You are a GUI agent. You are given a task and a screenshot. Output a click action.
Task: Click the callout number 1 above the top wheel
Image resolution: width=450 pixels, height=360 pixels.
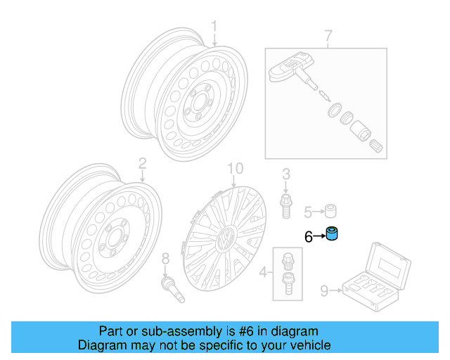[216, 27]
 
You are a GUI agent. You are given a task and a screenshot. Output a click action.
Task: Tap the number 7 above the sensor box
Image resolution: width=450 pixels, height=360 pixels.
[328, 35]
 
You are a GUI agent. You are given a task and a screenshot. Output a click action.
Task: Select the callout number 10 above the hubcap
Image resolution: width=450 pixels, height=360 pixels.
[235, 168]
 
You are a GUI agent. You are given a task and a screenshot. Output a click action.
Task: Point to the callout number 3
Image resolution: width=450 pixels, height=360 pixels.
[286, 174]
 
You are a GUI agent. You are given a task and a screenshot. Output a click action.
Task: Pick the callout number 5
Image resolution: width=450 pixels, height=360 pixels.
[308, 212]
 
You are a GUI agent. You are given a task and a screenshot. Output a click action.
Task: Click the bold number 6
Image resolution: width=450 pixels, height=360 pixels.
[308, 238]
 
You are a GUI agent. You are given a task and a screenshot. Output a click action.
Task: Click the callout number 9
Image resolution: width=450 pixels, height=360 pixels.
[324, 289]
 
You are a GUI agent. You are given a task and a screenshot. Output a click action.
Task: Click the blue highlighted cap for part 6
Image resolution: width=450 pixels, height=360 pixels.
[333, 235]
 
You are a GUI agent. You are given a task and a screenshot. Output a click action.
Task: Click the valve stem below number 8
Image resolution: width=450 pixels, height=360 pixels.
[173, 290]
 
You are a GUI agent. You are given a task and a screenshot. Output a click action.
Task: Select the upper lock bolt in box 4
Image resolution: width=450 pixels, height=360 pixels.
[287, 259]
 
